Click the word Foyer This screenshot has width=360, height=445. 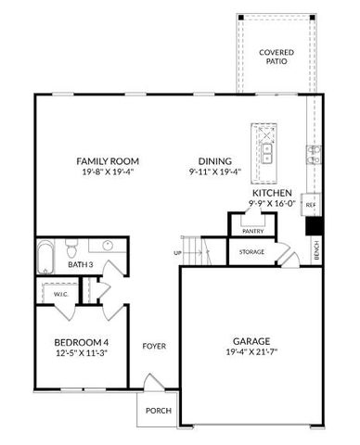pos(154,347)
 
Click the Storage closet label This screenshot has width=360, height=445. pos(252,251)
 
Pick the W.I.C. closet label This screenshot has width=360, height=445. pos(61,294)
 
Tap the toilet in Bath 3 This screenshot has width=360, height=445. pos(71,248)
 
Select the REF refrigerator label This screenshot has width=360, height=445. pos(311,204)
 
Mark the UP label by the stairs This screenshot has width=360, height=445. pos(177,252)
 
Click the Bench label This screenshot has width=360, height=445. pos(317,250)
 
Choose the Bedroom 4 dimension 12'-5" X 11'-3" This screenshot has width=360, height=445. pos(82,352)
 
